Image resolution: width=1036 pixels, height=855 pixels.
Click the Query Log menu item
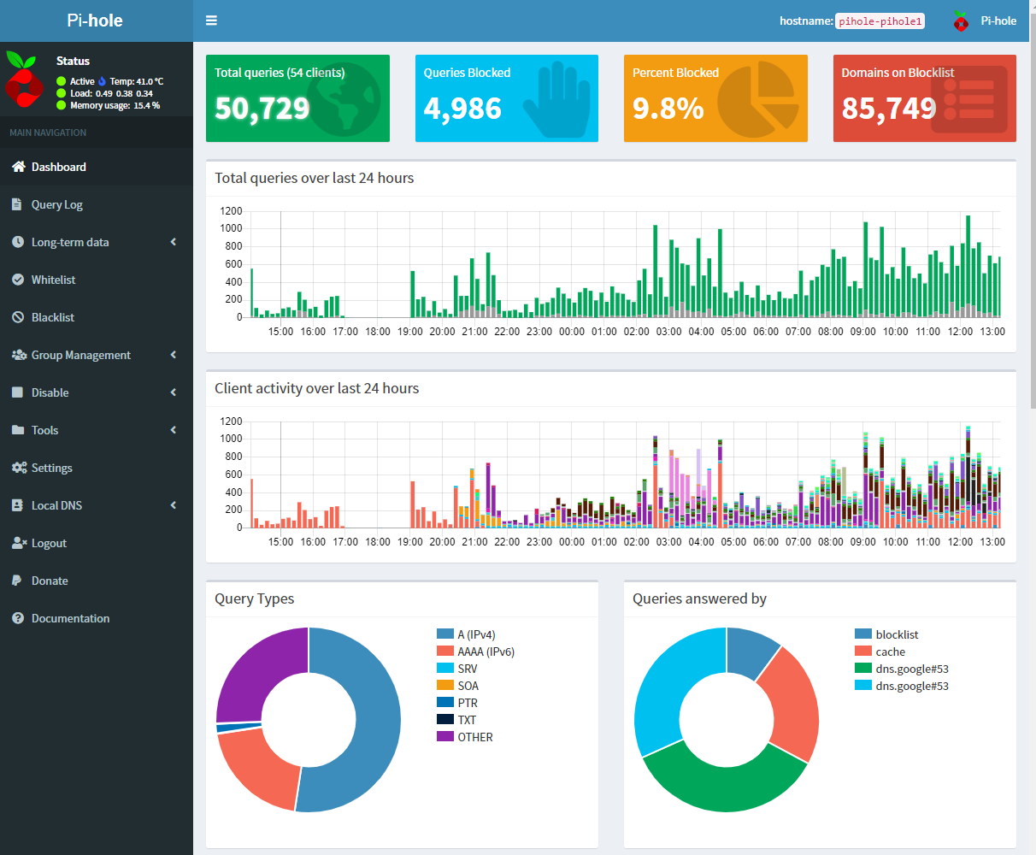click(x=56, y=204)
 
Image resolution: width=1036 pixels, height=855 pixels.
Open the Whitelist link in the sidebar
click(x=53, y=280)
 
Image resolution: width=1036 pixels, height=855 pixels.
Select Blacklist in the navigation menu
click(x=52, y=317)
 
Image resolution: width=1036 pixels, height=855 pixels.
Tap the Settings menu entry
click(x=51, y=468)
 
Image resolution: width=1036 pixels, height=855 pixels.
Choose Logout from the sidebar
click(x=49, y=543)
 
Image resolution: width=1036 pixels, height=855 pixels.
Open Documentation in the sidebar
click(x=70, y=618)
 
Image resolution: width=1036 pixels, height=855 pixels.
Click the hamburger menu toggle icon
click(x=211, y=21)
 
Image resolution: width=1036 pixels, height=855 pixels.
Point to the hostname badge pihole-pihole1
click(x=880, y=21)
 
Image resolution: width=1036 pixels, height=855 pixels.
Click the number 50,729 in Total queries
click(x=262, y=109)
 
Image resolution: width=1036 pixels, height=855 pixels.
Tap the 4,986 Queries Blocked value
click(x=462, y=109)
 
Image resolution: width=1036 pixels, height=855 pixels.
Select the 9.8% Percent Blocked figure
click(x=668, y=109)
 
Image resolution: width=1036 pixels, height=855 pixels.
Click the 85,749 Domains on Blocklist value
click(x=889, y=109)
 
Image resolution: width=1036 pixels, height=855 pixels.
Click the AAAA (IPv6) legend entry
click(x=486, y=652)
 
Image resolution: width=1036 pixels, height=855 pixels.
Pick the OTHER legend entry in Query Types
click(x=474, y=737)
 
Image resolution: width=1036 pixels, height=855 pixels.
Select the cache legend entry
click(x=890, y=652)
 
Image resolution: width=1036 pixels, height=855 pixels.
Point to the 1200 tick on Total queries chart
click(x=231, y=211)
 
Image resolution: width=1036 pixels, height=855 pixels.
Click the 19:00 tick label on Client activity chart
click(x=409, y=542)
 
